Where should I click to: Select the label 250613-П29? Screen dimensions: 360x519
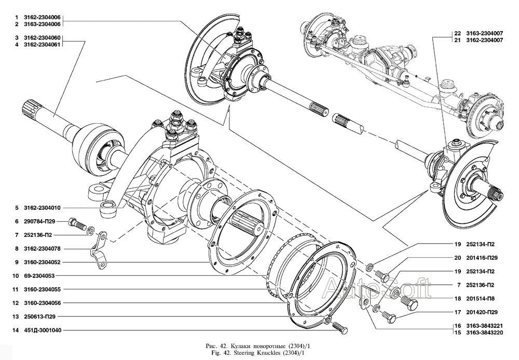43,316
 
